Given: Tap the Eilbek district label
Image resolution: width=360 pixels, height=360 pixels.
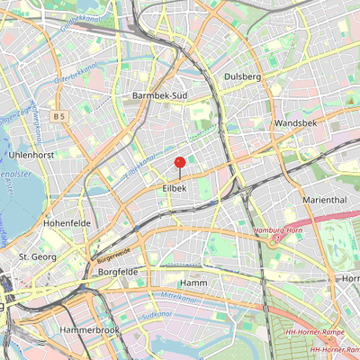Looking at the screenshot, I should tap(174, 188).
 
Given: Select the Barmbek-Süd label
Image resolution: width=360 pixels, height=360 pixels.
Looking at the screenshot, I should tap(157, 94).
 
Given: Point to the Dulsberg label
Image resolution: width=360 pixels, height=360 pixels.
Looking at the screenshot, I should tap(242, 77).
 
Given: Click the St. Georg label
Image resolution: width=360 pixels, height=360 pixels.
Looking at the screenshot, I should tap(38, 257).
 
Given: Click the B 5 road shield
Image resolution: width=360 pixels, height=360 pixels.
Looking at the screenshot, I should tap(59, 116).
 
